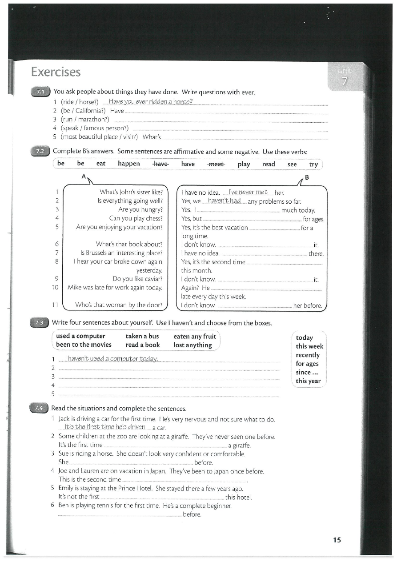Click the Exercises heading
[56, 72]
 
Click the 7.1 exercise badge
[40, 92]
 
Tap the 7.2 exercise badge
[40, 151]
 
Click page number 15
[337, 540]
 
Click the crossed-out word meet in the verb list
[216, 164]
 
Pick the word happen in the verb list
[129, 164]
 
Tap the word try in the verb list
[313, 164]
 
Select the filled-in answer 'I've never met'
[248, 192]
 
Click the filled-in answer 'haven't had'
[224, 201]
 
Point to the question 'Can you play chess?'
[136, 218]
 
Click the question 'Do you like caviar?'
[138, 279]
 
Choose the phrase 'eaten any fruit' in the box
[194, 336]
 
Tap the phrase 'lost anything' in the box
[192, 345]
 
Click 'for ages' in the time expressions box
[307, 364]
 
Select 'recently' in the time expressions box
[308, 355]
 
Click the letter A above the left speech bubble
[83, 177]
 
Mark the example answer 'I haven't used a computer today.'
[111, 359]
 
